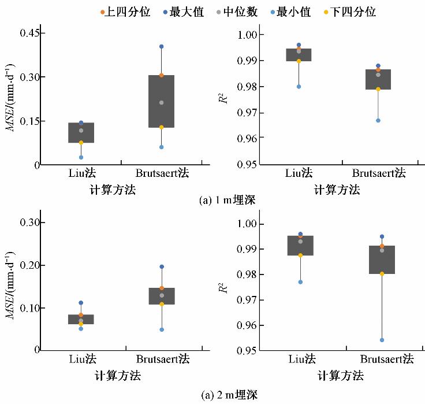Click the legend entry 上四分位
[125, 12]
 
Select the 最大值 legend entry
[186, 12]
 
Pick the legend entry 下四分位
[353, 12]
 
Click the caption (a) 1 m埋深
[226, 201]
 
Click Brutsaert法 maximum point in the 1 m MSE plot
[162, 46]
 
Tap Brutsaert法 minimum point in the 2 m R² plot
[382, 340]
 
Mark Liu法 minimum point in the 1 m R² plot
[299, 87]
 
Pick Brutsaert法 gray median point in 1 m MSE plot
[162, 102]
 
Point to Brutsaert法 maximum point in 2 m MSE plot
[162, 266]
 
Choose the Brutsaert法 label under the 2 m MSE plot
[162, 359]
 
